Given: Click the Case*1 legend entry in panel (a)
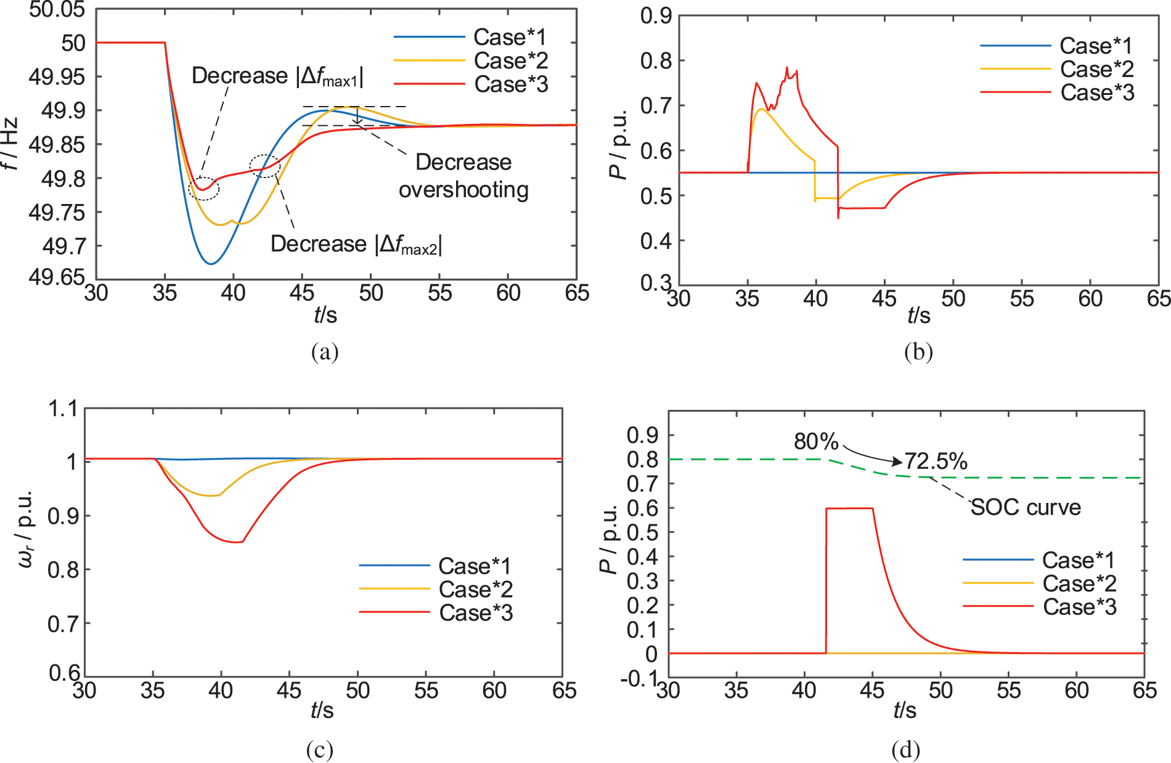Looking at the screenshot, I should [x=510, y=37].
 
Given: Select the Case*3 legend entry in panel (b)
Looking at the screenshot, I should [x=1097, y=92].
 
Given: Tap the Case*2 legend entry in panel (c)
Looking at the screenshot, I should [x=475, y=589].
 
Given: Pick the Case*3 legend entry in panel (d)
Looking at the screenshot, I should [x=1079, y=607].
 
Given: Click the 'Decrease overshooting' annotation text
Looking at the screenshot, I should [x=463, y=176].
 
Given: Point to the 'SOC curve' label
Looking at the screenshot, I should [x=1026, y=507].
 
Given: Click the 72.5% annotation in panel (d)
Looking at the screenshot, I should [x=936, y=461].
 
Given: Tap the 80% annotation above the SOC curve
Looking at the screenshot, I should [x=816, y=441].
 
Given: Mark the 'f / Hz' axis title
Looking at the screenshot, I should [x=10, y=144].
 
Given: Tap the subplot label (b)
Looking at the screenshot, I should [x=918, y=351].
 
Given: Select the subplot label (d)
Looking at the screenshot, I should [x=905, y=750].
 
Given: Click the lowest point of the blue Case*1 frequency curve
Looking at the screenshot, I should [x=211, y=264].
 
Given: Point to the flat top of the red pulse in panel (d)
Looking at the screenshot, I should [x=849, y=508].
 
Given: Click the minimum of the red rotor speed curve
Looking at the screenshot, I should [x=237, y=542].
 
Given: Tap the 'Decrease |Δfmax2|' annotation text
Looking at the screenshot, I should [x=356, y=244].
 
